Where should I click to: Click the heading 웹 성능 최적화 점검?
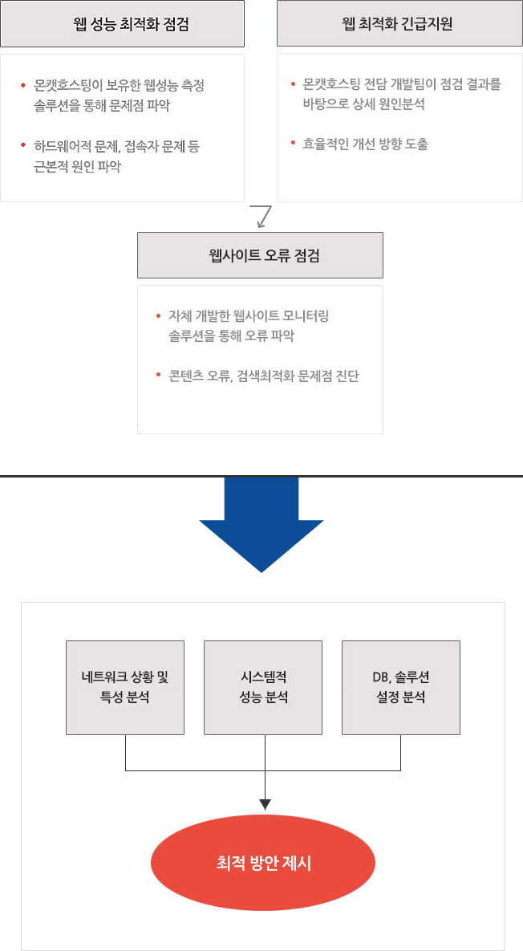pos(122,24)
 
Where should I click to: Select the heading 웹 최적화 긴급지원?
pos(399,24)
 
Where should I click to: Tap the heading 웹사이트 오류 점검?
pos(260,255)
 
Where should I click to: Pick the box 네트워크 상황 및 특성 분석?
pos(125,688)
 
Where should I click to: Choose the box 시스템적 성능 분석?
pos(263,688)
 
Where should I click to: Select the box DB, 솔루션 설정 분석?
pos(400,688)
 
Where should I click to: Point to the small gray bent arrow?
pos(262,217)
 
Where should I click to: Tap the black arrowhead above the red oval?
pos(265,806)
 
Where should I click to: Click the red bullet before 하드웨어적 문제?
pos(23,145)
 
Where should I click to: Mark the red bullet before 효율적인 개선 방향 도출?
pos(293,144)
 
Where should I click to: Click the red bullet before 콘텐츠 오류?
pos(158,376)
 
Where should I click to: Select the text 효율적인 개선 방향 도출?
pos(366,144)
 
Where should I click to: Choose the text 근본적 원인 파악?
pos(77,168)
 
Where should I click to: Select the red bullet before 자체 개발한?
pos(158,316)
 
